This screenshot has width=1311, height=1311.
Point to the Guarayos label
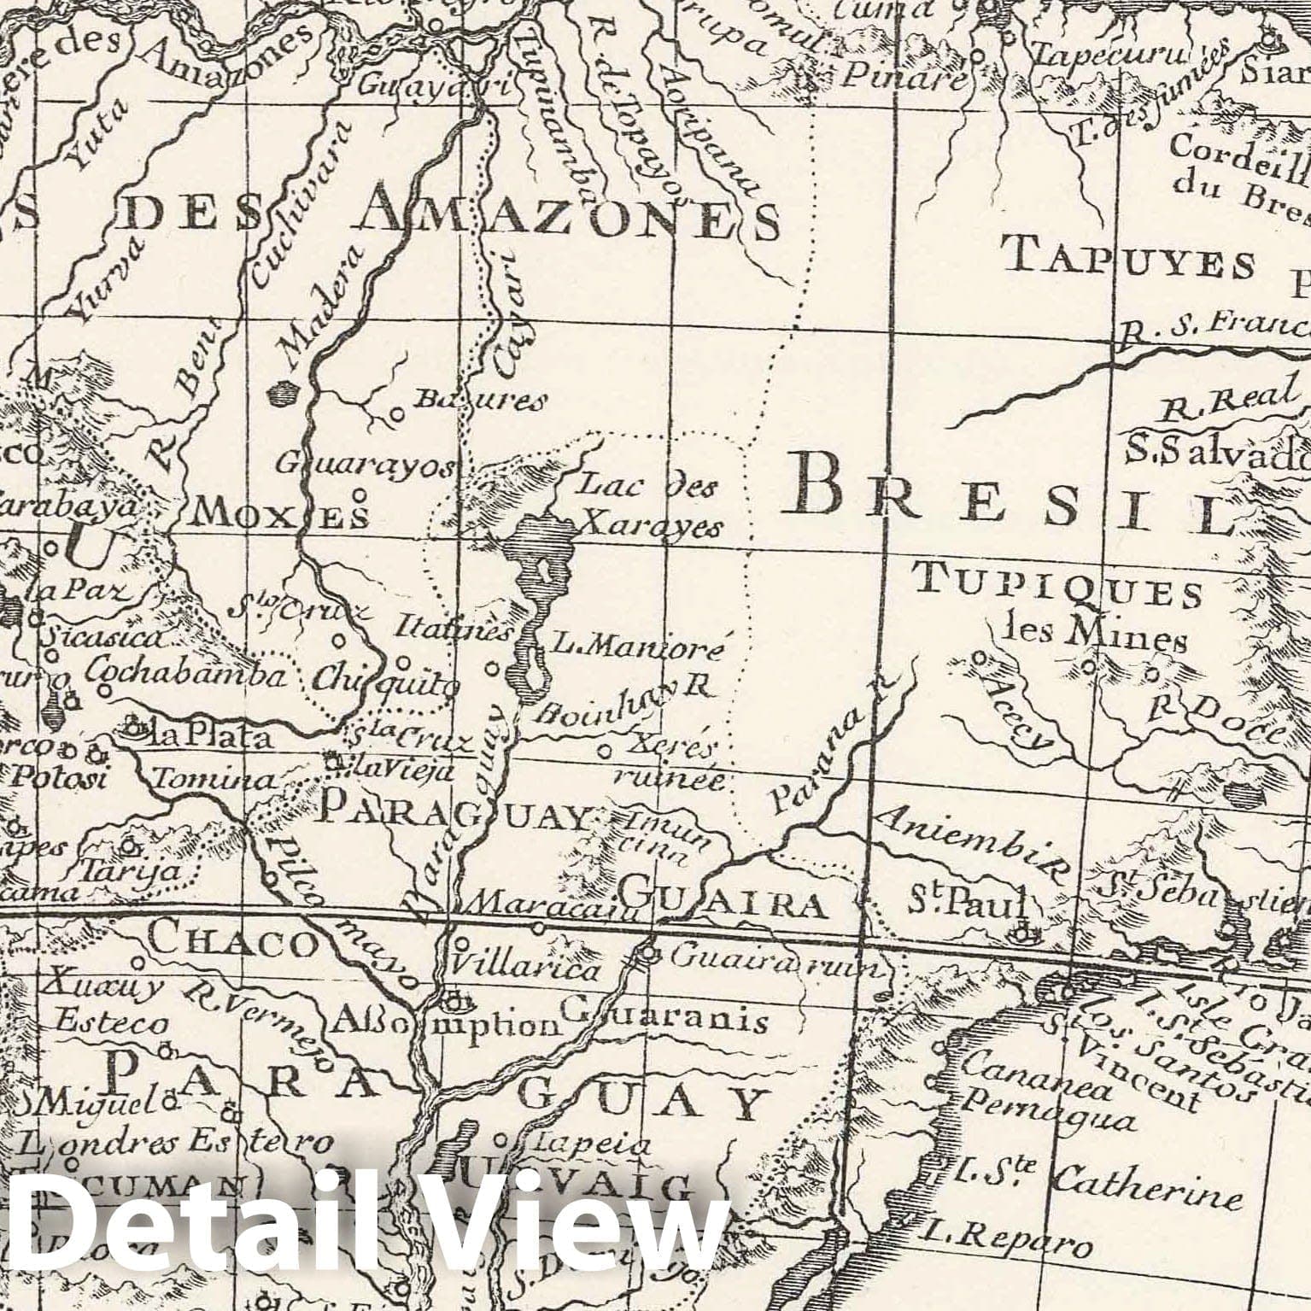367,465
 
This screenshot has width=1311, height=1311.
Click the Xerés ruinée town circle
605,752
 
